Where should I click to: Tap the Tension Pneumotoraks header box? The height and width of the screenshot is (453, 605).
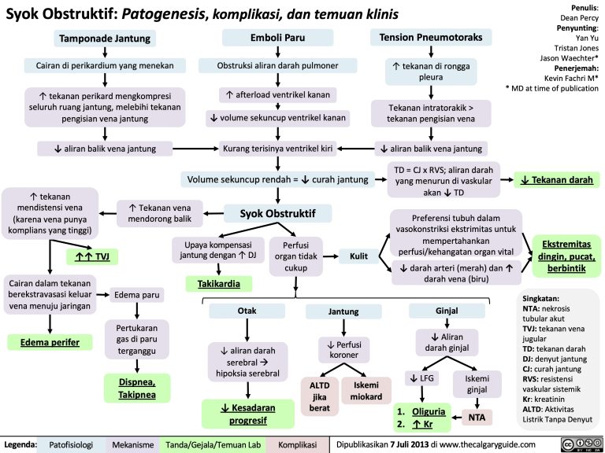[x=432, y=38]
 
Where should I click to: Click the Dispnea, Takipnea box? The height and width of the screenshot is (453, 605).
[x=136, y=388]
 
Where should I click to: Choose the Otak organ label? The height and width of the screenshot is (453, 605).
[x=246, y=311]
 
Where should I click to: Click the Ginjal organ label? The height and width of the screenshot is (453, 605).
[x=447, y=311]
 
